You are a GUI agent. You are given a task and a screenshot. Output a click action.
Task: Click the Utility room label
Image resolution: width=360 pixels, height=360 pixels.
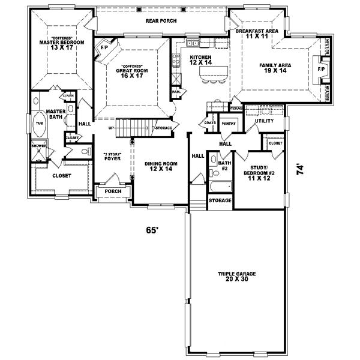(x=264, y=121)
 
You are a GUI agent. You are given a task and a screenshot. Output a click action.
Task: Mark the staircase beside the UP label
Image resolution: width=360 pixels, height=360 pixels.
(x=133, y=128)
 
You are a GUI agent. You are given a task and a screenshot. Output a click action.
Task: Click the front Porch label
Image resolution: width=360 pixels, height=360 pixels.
(x=113, y=192)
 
